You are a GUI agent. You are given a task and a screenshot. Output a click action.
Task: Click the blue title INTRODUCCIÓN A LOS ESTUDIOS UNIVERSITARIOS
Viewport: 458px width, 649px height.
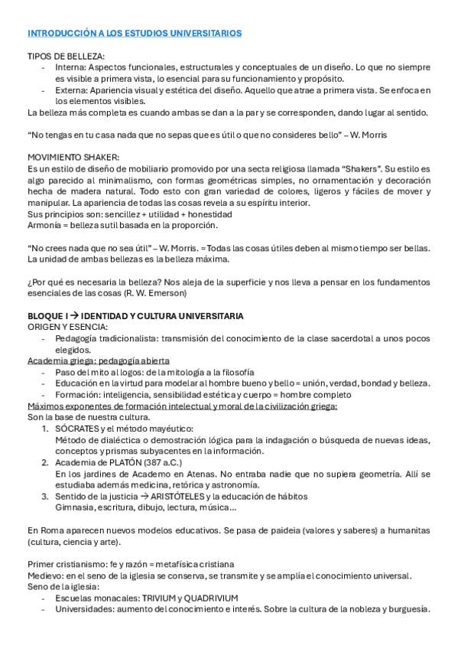point(135,34)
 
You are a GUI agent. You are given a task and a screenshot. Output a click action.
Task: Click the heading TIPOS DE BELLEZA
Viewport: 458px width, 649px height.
point(66,57)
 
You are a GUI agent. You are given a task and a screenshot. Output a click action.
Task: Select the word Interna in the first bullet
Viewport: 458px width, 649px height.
point(71,68)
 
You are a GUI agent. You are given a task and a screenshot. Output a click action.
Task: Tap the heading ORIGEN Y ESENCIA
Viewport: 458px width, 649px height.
point(67,327)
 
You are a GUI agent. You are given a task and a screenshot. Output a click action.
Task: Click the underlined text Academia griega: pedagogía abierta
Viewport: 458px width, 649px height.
point(98,360)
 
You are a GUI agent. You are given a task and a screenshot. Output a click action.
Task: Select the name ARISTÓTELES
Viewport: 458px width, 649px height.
point(200,495)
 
